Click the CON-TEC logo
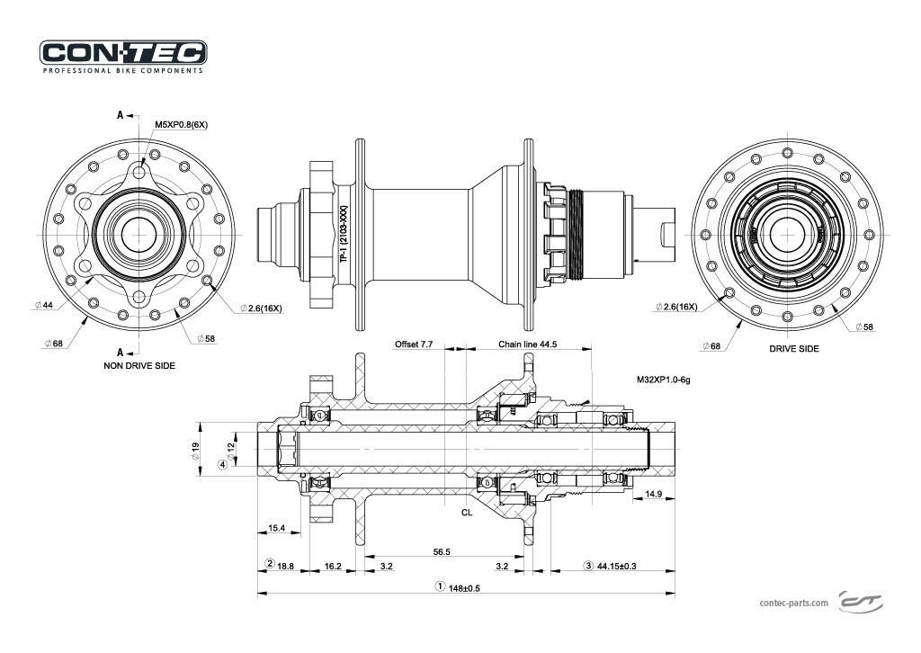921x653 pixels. coord(123,52)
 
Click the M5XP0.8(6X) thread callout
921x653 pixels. coord(182,124)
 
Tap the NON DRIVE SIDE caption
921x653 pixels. coord(139,366)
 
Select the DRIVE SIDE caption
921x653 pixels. coord(794,348)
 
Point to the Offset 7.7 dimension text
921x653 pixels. coord(414,344)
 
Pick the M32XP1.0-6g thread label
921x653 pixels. coord(663,380)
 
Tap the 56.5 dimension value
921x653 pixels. coord(442,551)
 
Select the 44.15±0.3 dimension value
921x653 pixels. coord(617,566)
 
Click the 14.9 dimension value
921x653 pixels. coord(654,494)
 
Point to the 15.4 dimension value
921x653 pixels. coord(277,528)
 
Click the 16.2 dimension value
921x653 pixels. coord(332,566)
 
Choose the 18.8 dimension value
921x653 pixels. coord(285,566)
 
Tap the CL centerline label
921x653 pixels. coord(467,512)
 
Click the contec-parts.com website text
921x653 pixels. coord(793,604)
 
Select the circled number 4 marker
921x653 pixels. coord(221,465)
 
